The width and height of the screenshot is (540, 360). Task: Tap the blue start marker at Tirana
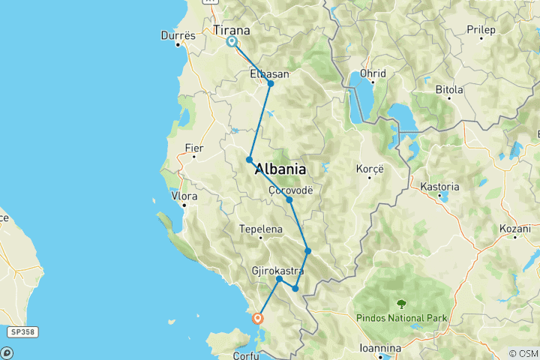pyautogui.click(x=232, y=42)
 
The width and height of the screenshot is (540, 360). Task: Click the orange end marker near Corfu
pyautogui.click(x=259, y=318)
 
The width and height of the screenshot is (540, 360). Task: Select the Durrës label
pyautogui.click(x=178, y=35)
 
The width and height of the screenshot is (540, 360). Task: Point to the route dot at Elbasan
pyautogui.click(x=271, y=83)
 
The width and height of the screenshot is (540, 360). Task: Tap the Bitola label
pyautogui.click(x=449, y=89)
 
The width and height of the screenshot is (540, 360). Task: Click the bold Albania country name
pyautogui.click(x=280, y=169)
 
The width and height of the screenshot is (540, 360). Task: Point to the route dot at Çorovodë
pyautogui.click(x=289, y=199)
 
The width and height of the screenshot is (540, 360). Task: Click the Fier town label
pyautogui.click(x=193, y=148)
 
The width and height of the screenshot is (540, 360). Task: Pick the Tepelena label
pyautogui.click(x=260, y=229)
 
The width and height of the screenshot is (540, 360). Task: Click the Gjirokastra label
pyautogui.click(x=278, y=269)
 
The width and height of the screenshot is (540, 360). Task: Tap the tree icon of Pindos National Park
pyautogui.click(x=401, y=304)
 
